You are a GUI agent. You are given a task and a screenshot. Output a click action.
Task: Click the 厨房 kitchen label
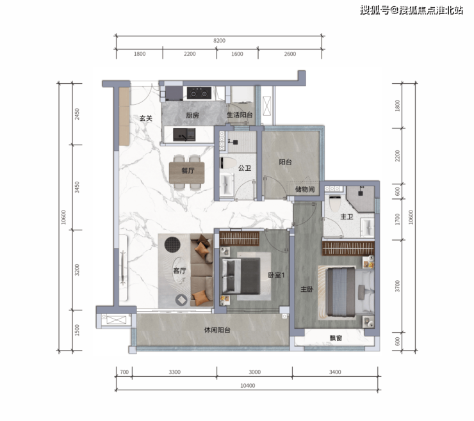192,115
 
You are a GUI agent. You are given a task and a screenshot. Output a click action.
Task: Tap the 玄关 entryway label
145,118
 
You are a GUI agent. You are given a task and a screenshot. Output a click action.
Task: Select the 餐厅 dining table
186,173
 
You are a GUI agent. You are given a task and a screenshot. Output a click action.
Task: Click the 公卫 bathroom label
244,168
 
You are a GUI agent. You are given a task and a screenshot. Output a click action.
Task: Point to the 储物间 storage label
305,189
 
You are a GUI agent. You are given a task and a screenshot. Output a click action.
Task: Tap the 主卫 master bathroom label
347,216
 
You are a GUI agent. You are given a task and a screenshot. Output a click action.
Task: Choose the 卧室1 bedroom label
276,275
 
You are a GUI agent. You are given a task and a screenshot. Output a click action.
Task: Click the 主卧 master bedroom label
307,289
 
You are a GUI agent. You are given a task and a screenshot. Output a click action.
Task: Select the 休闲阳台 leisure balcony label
217,330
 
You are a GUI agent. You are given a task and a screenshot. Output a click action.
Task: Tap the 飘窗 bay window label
336,338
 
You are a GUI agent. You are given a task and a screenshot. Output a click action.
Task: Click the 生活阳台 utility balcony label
240,115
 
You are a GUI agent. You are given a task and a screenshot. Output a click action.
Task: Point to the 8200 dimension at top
219,40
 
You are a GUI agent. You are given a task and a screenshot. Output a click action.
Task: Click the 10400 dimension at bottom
248,385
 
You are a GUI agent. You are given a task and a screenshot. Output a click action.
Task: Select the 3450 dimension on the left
77,187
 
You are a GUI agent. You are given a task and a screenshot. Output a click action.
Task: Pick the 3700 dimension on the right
397,286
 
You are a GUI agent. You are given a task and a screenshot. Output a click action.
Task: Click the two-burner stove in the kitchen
199,93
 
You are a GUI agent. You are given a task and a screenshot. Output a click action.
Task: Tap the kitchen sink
184,134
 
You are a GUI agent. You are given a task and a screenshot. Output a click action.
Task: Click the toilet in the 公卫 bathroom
228,163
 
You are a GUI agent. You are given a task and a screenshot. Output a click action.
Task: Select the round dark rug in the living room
172,244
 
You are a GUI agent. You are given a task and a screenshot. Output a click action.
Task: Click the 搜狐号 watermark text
374,10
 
